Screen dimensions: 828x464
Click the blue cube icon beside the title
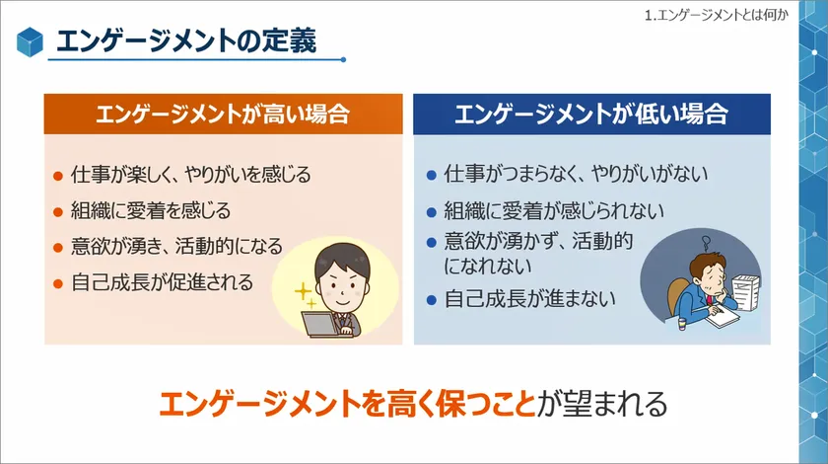click(x=30, y=41)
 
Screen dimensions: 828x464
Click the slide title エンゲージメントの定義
click(x=186, y=40)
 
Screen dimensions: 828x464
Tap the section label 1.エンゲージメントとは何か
click(x=716, y=15)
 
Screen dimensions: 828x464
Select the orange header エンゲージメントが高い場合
click(x=223, y=114)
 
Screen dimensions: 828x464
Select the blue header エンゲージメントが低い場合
click(x=591, y=114)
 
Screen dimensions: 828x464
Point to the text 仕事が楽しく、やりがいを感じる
click(x=190, y=174)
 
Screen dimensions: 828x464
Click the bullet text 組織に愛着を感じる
click(x=151, y=210)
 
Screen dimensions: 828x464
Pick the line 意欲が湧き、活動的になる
click(x=176, y=247)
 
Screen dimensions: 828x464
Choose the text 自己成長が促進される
click(x=162, y=282)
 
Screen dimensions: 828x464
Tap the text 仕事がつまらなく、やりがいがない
click(x=576, y=174)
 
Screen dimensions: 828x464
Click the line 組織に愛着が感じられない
click(x=553, y=210)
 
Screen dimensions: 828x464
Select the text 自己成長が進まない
click(x=529, y=299)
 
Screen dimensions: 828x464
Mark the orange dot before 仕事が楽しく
click(x=58, y=176)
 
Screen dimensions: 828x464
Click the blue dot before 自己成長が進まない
click(x=432, y=300)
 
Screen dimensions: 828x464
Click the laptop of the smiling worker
click(x=319, y=324)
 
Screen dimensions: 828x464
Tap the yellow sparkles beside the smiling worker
click(x=306, y=296)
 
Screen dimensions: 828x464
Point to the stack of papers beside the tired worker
click(x=746, y=291)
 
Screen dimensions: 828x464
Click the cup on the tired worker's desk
click(x=682, y=323)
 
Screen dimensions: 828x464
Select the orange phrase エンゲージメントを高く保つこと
click(x=347, y=404)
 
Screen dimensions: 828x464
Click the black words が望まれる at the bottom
click(x=602, y=404)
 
